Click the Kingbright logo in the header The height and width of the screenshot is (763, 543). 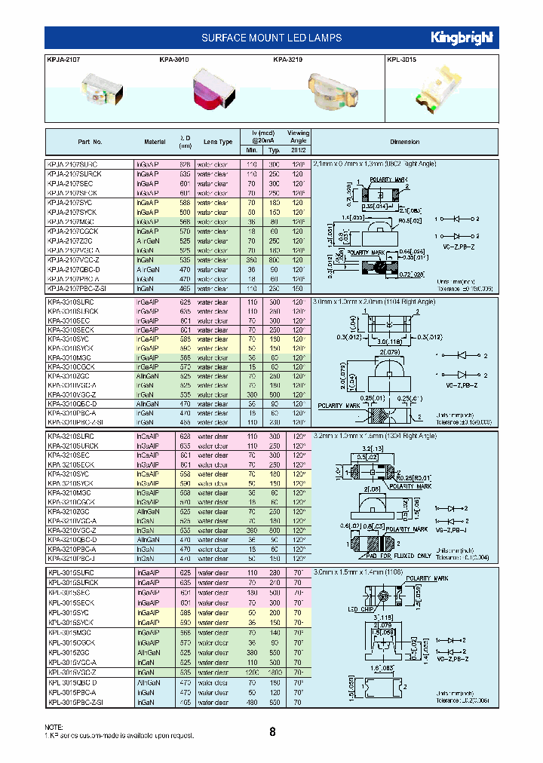462,37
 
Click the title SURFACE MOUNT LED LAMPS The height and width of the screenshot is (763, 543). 272,38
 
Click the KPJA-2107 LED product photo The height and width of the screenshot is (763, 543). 95,93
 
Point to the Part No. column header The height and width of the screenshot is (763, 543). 90,142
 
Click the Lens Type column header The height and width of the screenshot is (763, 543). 218,142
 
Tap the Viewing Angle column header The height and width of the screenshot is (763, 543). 299,136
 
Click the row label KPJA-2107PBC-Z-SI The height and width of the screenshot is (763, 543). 78,288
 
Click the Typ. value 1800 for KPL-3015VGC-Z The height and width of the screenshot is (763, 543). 275,672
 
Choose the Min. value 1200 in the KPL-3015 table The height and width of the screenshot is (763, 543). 251,672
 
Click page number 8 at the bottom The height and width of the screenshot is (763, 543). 272,731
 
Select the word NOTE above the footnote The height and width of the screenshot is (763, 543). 55,726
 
